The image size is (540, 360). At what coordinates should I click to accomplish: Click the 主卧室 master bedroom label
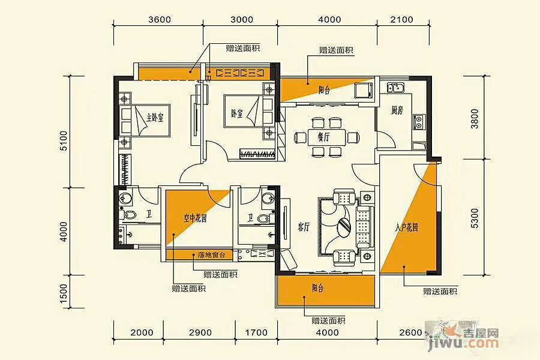coord(155,118)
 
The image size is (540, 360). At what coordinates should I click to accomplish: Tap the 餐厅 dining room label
coord(323,137)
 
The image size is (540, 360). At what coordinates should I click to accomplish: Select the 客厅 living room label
coord(304,227)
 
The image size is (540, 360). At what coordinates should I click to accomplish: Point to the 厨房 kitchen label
coord(397,110)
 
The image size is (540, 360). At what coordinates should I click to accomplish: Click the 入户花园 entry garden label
coord(407,227)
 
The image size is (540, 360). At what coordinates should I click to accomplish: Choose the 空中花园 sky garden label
coord(195,218)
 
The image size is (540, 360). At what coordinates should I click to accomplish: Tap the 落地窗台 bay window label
coord(211,255)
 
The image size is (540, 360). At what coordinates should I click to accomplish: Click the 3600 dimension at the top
coord(160,19)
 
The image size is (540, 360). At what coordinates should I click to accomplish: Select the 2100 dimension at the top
coord(402,19)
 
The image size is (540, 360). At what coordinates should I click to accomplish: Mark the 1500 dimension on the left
coord(64,294)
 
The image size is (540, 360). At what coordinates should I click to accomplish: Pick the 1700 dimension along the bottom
coord(256,332)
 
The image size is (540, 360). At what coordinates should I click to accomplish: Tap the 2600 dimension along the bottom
coord(411,332)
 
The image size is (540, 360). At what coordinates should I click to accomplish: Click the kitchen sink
coord(396,88)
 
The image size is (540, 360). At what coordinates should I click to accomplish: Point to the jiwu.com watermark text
coord(464,343)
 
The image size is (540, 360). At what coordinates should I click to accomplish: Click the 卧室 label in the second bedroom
coord(236,113)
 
